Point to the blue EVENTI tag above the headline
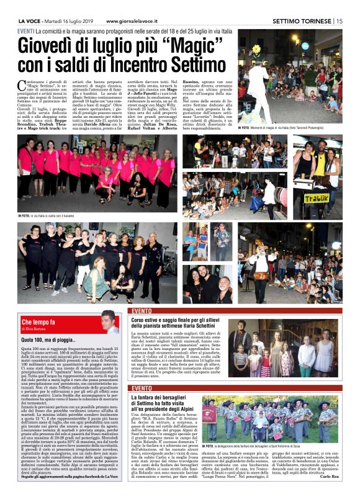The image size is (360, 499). tap(25, 30)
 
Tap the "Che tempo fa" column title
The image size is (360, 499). tap(38, 322)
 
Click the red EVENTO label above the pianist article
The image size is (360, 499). tap(141, 310)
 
